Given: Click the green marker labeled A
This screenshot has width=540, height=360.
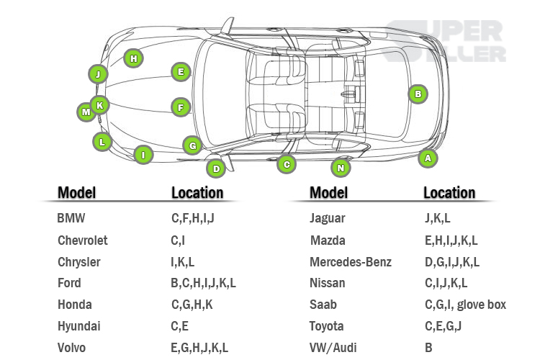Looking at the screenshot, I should coord(428,158).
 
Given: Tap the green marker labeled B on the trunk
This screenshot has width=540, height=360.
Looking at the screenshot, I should coord(417,94).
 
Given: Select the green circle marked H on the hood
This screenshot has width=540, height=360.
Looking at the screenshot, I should coord(133,58).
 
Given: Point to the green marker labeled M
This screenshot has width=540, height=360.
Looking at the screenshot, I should coord(86,112).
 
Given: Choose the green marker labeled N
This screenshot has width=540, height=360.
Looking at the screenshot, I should coord(341,168).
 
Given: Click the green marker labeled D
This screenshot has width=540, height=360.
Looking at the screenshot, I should coord(215,169).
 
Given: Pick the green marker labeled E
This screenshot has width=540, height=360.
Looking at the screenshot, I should coord(181,71).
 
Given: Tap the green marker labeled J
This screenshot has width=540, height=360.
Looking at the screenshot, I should coord(97,73).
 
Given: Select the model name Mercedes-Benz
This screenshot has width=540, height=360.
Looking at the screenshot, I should coord(350,261).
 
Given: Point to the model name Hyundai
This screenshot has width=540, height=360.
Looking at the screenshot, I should coord(78,326).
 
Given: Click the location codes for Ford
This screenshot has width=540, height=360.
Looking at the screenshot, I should coord(203,283).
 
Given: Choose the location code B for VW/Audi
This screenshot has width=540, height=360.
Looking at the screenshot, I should coord(428,348).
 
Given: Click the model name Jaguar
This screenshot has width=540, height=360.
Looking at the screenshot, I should coord(327,218).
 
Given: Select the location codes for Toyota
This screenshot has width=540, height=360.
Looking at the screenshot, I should coord(442,326).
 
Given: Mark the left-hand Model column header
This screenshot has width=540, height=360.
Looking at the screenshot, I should coord(76,192).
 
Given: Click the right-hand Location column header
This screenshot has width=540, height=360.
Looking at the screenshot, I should coord(449,192).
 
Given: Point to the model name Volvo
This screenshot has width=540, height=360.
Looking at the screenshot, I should coord(71,348).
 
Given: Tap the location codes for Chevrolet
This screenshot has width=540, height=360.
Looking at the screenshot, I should coord(178,240).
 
